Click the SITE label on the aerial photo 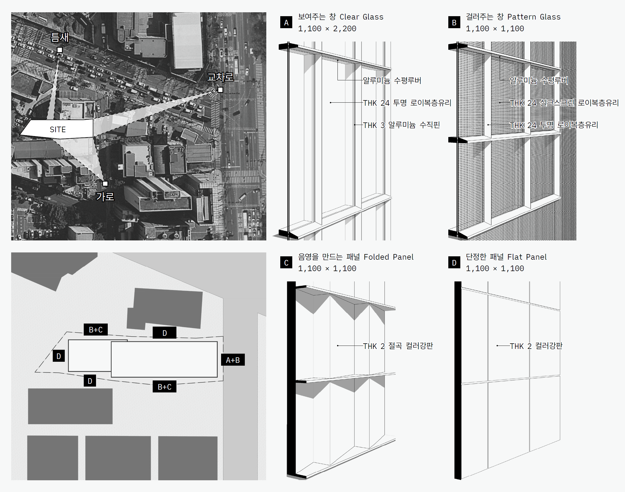[58, 129]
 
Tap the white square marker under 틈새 [60, 50]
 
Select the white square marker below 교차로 [220, 90]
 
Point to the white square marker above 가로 [105, 184]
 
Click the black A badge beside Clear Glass [286, 23]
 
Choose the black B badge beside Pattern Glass [454, 23]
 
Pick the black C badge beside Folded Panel [286, 262]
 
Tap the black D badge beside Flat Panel [454, 262]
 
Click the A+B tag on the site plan [233, 360]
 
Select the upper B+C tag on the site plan [96, 330]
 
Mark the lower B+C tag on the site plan [164, 387]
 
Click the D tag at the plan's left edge [59, 356]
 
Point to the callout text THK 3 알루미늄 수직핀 [401, 125]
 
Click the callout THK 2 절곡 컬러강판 [398, 346]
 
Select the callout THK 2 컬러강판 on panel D [536, 346]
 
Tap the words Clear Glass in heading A [361, 17]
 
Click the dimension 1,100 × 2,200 [327, 29]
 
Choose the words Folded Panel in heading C [388, 257]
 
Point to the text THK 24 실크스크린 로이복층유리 [564, 103]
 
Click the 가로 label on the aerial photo [105, 197]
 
